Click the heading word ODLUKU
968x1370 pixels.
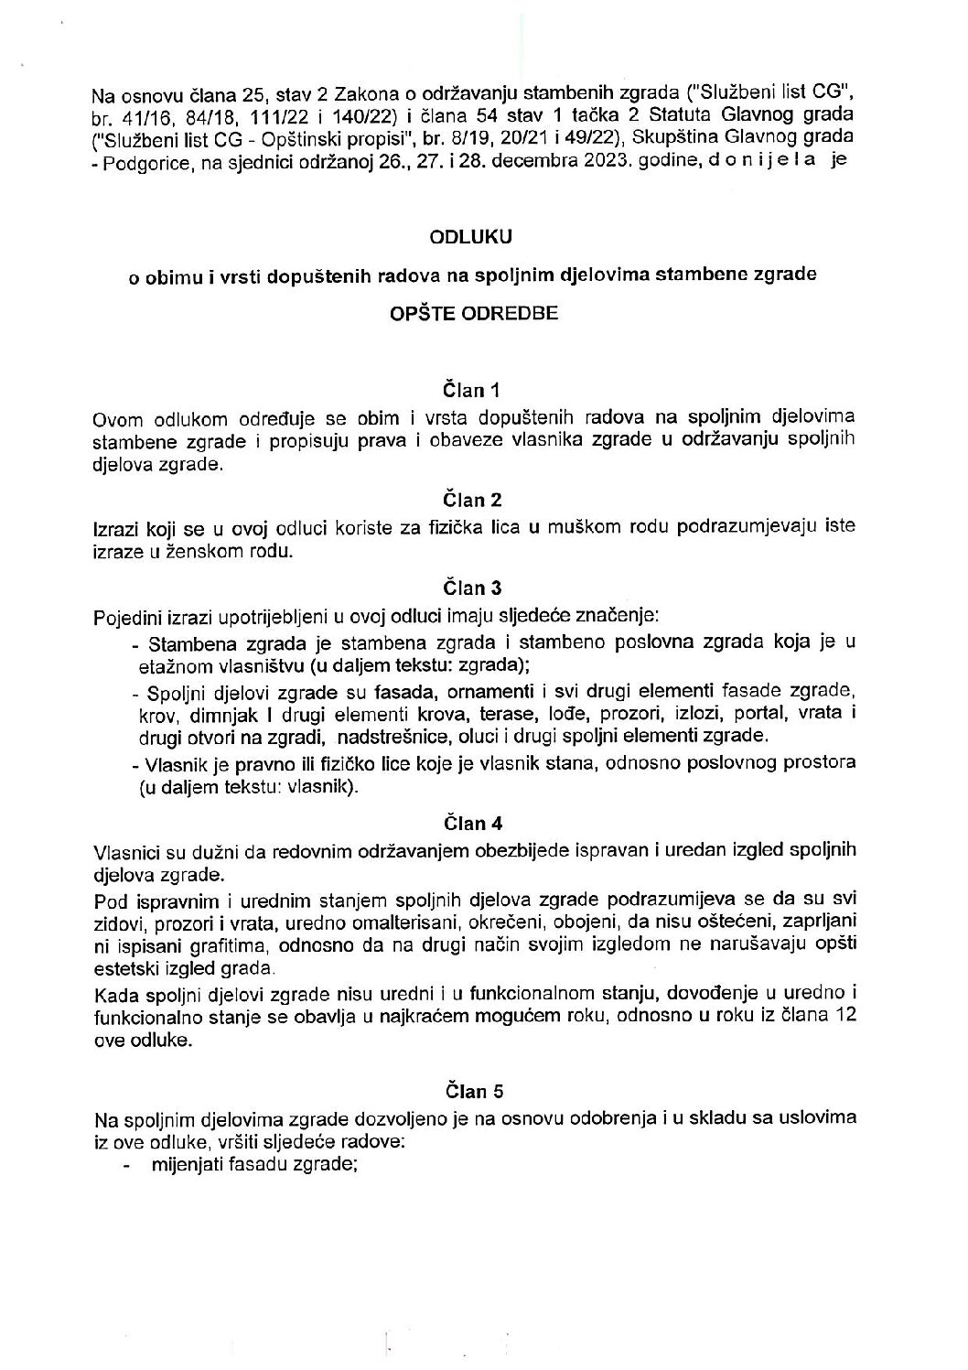pos(472,236)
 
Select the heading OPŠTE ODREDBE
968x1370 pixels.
pos(472,312)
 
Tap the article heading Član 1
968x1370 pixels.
pos(472,392)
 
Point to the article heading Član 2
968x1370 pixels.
pos(472,500)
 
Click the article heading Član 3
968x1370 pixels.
pos(472,588)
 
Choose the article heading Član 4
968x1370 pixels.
pos(472,824)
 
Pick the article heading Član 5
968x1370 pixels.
pos(472,1091)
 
